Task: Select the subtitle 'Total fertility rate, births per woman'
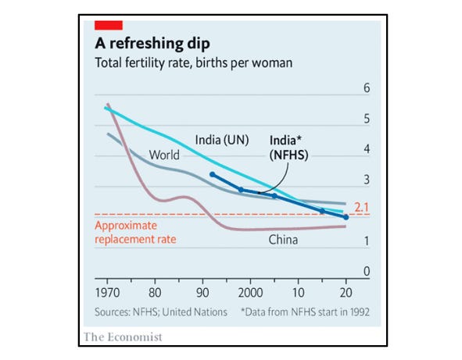pyautogui.click(x=194, y=63)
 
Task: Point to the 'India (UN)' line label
pyautogui.click(x=221, y=141)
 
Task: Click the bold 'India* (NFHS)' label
pyautogui.click(x=289, y=148)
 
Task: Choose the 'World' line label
pyautogui.click(x=165, y=155)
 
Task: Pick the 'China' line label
pyautogui.click(x=284, y=240)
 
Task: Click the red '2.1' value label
pyautogui.click(x=361, y=208)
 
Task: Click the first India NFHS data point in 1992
pyautogui.click(x=213, y=175)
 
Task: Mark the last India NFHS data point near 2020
pyautogui.click(x=346, y=216)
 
